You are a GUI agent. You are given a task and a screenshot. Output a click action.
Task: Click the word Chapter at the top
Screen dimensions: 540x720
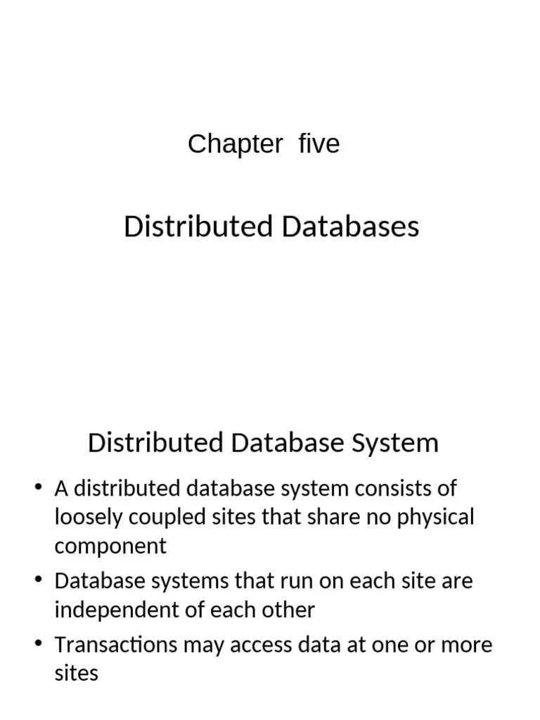pyautogui.click(x=235, y=144)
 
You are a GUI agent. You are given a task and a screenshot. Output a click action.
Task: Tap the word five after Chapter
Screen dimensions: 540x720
pyautogui.click(x=319, y=144)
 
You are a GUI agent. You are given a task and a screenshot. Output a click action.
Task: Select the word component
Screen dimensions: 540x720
pyautogui.click(x=110, y=546)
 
